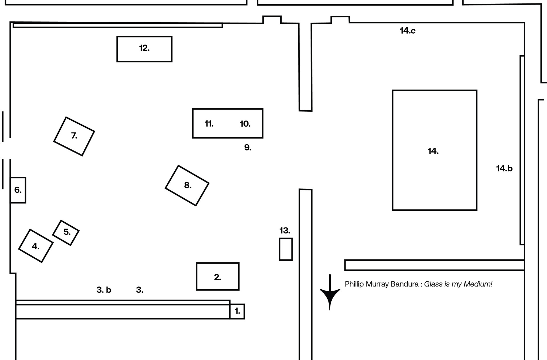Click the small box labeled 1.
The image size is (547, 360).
pyautogui.click(x=237, y=311)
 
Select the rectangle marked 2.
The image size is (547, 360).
pyautogui.click(x=218, y=276)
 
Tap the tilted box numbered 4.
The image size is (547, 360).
pyautogui.click(x=36, y=246)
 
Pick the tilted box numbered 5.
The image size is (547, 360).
pyautogui.click(x=66, y=233)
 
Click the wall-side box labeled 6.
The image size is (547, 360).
pyautogui.click(x=18, y=190)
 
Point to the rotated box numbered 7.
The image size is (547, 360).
pyautogui.click(x=74, y=136)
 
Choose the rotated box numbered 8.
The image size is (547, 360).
pyautogui.click(x=187, y=186)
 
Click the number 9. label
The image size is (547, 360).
pyautogui.click(x=248, y=147)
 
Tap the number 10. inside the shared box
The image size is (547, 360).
pyautogui.click(x=245, y=124)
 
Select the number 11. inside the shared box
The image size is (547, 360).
pyautogui.click(x=209, y=124)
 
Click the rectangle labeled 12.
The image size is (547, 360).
pyautogui.click(x=144, y=49)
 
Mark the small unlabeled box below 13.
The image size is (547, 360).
pyautogui.click(x=286, y=249)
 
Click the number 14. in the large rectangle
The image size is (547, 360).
pyautogui.click(x=433, y=151)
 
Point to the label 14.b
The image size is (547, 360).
pyautogui.click(x=504, y=168)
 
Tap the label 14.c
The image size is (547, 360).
pyautogui.click(x=408, y=31)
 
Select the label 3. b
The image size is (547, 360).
pyautogui.click(x=104, y=290)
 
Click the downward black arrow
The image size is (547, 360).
pyautogui.click(x=330, y=294)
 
